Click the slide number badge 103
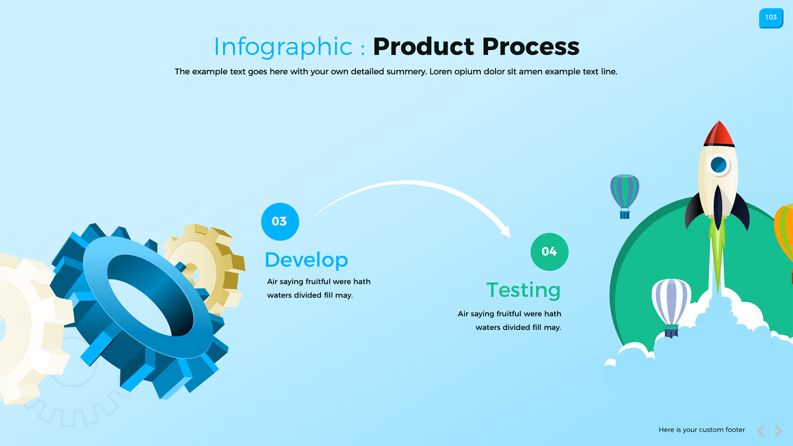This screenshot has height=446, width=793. [x=771, y=18]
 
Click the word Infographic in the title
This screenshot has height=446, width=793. [x=283, y=47]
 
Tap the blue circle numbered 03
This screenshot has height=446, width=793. [x=280, y=221]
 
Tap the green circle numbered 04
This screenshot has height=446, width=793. [x=549, y=252]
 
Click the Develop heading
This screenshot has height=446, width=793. [x=306, y=260]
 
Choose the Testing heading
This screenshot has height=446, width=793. [x=523, y=290]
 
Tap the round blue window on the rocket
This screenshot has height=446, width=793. [x=718, y=165]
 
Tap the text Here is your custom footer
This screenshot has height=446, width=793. [x=701, y=430]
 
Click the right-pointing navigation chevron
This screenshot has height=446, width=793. [x=778, y=431]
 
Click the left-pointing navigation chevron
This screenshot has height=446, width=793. [x=761, y=431]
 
